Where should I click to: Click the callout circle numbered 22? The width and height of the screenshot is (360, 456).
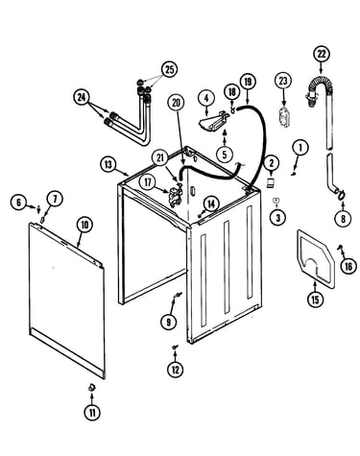click(322, 54)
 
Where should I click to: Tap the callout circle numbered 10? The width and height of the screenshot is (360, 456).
click(84, 226)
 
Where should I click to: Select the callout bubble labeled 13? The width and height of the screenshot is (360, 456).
click(108, 165)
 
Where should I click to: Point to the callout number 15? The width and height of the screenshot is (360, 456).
click(315, 300)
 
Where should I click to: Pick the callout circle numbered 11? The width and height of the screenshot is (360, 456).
click(92, 413)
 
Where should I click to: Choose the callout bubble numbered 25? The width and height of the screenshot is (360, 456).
click(169, 69)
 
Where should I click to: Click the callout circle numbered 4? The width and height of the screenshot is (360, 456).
click(206, 99)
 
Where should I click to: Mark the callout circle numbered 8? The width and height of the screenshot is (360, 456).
click(344, 219)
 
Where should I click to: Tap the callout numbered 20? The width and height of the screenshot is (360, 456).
click(176, 104)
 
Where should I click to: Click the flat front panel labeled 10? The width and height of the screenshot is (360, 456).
click(66, 300)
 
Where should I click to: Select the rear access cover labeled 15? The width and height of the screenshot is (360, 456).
click(315, 257)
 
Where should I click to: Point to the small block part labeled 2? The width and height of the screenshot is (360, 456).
click(271, 182)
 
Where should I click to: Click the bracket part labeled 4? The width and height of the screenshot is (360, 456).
click(213, 120)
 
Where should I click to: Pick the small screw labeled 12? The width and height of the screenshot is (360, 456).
click(175, 347)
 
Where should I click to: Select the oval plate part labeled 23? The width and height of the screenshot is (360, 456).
click(284, 119)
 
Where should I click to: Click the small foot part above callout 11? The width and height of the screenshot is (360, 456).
click(92, 387)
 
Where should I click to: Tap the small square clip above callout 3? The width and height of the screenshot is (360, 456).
click(276, 200)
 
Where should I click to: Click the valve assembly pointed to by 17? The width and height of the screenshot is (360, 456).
click(175, 196)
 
